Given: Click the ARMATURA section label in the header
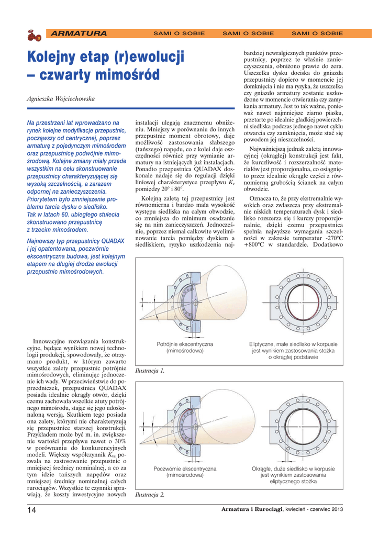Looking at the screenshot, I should point(79,33).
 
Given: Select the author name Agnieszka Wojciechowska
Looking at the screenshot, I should point(61,98).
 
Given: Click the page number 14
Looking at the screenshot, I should point(31,510).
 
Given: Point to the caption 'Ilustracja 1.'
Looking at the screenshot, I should point(150,371).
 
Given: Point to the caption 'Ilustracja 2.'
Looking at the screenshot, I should point(150,495).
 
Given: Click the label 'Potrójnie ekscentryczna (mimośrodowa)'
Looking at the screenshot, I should point(185,347).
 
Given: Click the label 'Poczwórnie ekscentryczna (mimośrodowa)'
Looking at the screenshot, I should point(185,472).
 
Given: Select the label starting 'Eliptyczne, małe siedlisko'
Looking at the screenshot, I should point(293,351).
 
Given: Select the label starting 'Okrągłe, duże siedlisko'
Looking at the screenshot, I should point(293,475).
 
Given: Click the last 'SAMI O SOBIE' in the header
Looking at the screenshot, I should point(317,33).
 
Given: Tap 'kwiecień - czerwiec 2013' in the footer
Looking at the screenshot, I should point(314,510).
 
